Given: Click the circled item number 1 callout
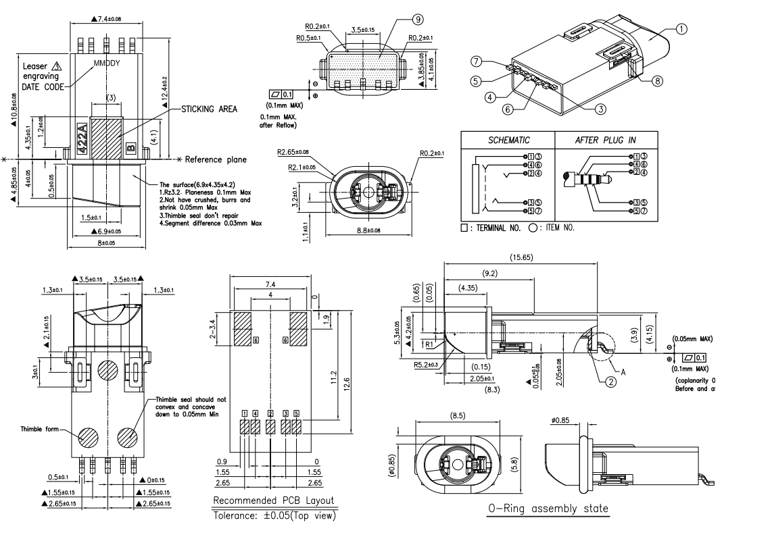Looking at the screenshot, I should click(681, 29).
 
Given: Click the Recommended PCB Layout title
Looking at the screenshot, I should click(274, 500).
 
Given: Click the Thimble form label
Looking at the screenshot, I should click(40, 429).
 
